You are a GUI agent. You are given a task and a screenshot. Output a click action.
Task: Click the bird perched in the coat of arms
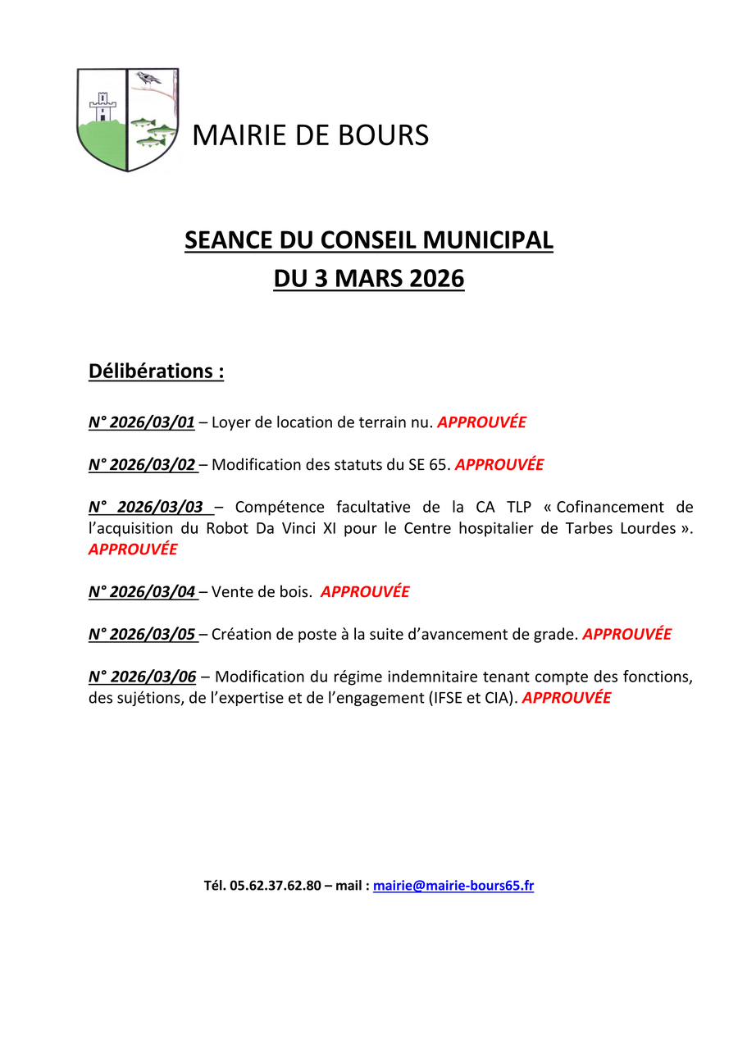pyautogui.click(x=148, y=78)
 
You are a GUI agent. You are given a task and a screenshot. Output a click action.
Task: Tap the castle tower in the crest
pyautogui.click(x=102, y=106)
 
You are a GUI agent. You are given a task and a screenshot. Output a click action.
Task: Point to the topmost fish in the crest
pyautogui.click(x=143, y=122)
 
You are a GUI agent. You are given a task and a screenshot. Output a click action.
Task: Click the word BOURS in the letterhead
pyautogui.click(x=385, y=135)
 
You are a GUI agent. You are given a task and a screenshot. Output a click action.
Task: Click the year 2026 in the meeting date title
pyautogui.click(x=431, y=279)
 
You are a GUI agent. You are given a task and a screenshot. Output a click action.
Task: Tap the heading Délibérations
pyautogui.click(x=156, y=371)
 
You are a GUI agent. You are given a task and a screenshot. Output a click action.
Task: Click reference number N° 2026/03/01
pyautogui.click(x=142, y=422)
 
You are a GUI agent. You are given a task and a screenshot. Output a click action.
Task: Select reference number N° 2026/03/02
pyautogui.click(x=142, y=464)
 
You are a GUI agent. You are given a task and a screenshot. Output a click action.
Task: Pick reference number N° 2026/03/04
pyautogui.click(x=142, y=591)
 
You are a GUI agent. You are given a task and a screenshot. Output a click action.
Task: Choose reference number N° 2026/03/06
pyautogui.click(x=142, y=677)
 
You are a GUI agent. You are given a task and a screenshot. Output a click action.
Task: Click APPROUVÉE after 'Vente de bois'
pyautogui.click(x=365, y=591)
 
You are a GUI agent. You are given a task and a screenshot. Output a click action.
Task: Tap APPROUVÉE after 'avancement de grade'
pyautogui.click(x=626, y=634)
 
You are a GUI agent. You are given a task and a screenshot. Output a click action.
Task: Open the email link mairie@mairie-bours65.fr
pyautogui.click(x=453, y=886)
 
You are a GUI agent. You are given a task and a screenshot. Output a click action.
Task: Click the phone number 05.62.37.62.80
pyautogui.click(x=276, y=886)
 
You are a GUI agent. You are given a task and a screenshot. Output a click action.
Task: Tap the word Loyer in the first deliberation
pyautogui.click(x=230, y=422)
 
